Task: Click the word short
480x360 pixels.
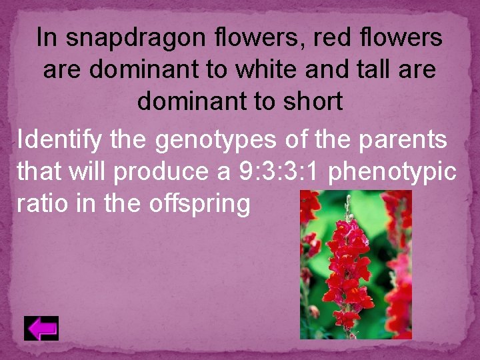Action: [313, 102]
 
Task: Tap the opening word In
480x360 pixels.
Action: [47, 38]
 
